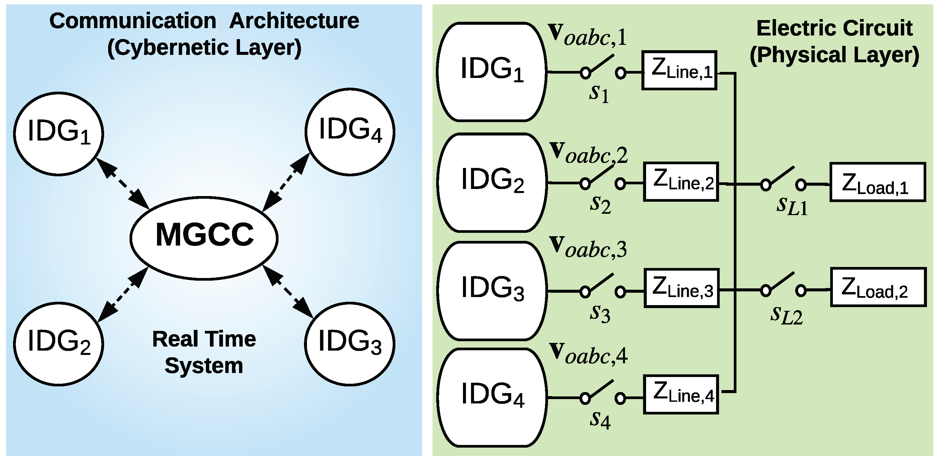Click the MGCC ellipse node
pos(204,238)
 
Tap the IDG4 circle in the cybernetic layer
pos(350,131)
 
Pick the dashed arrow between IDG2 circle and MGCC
pos(123,294)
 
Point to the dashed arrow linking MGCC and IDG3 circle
pos(288,291)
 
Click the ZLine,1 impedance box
pos(680,70)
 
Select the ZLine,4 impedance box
pos(681,394)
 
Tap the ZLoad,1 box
pos(878,182)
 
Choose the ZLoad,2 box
pos(878,287)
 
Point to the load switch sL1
pos(783,179)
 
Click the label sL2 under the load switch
pos(786,315)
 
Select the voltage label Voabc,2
pos(589,153)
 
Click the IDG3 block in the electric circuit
pos(492,291)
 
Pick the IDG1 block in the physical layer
pos(491,72)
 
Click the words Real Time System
pos(204,352)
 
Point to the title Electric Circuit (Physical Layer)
pos(834,41)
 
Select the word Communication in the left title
pos(133,21)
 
